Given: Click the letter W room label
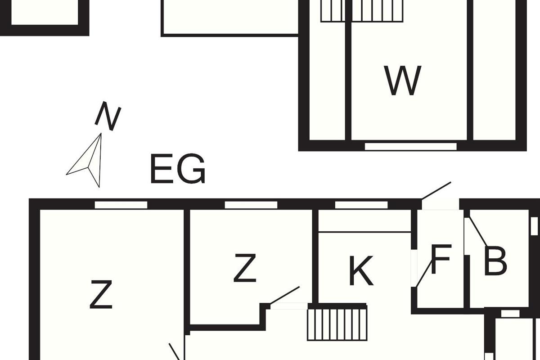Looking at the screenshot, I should (x=403, y=81).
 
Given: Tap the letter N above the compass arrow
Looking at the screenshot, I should (x=108, y=116).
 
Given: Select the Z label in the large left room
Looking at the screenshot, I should (x=101, y=294).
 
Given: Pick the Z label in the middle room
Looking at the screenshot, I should (x=245, y=268).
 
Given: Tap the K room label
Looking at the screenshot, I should (x=361, y=271).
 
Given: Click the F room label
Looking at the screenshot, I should (x=441, y=260).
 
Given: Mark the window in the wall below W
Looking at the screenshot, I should (x=410, y=146).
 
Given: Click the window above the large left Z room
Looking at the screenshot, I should (x=121, y=205).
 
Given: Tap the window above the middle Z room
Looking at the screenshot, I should (x=251, y=205).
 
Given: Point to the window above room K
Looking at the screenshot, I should (x=361, y=205).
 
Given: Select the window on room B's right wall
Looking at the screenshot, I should (x=534, y=226).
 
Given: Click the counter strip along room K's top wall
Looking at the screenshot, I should (x=364, y=221).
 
